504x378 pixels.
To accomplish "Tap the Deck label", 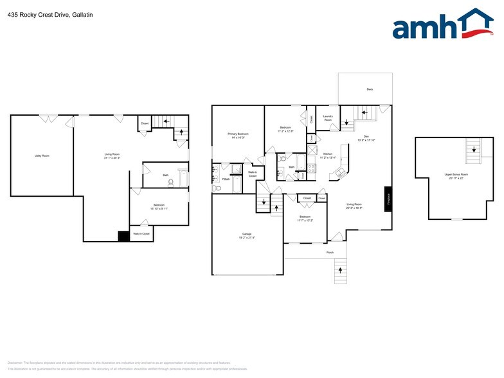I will [x=370, y=89].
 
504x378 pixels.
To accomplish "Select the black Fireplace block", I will [x=388, y=199].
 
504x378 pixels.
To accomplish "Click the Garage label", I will [x=247, y=235].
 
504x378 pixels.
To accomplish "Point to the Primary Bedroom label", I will [x=238, y=135].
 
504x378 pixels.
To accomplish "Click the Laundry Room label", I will [x=327, y=119].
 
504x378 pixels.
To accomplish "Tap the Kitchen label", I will [x=327, y=155].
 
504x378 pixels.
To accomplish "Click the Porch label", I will [x=330, y=253].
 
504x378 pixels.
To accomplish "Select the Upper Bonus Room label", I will [x=456, y=175].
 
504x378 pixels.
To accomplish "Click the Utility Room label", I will [x=42, y=156].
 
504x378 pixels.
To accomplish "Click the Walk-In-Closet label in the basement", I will [x=141, y=234].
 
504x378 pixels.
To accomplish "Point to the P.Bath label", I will [x=226, y=179].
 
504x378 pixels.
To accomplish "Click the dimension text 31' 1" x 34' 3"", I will [x=113, y=157].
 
